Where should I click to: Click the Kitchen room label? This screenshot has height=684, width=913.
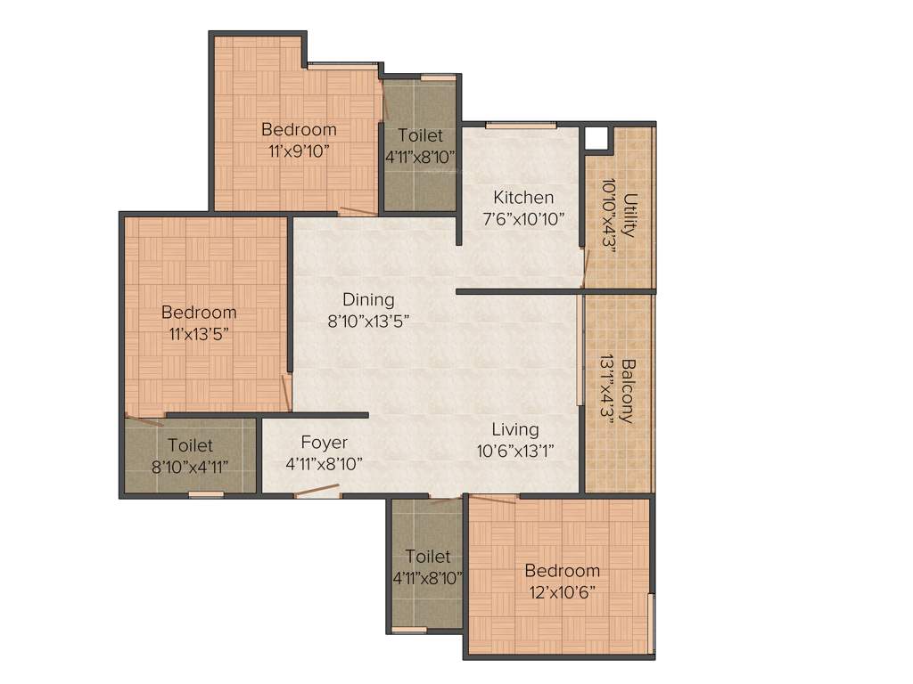click(523, 197)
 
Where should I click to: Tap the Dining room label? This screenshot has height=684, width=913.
click(368, 300)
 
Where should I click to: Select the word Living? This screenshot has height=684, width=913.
click(515, 430)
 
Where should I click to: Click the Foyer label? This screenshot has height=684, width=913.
click(324, 443)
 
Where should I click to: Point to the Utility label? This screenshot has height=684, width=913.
click(630, 215)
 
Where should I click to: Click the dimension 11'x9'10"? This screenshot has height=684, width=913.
click(299, 151)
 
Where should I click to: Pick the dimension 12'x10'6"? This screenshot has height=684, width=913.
click(562, 591)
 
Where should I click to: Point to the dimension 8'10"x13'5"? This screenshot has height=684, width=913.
click(368, 321)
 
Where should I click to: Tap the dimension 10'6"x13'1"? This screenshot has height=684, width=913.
click(515, 451)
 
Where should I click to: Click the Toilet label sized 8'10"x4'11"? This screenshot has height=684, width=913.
click(190, 445)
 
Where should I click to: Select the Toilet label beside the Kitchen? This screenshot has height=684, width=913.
click(420, 135)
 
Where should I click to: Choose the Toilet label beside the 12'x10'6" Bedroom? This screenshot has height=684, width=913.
click(427, 557)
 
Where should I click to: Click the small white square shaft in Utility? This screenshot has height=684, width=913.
click(595, 138)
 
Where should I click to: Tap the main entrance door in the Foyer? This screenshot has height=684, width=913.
click(317, 490)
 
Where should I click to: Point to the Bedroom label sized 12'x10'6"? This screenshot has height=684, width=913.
click(562, 571)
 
